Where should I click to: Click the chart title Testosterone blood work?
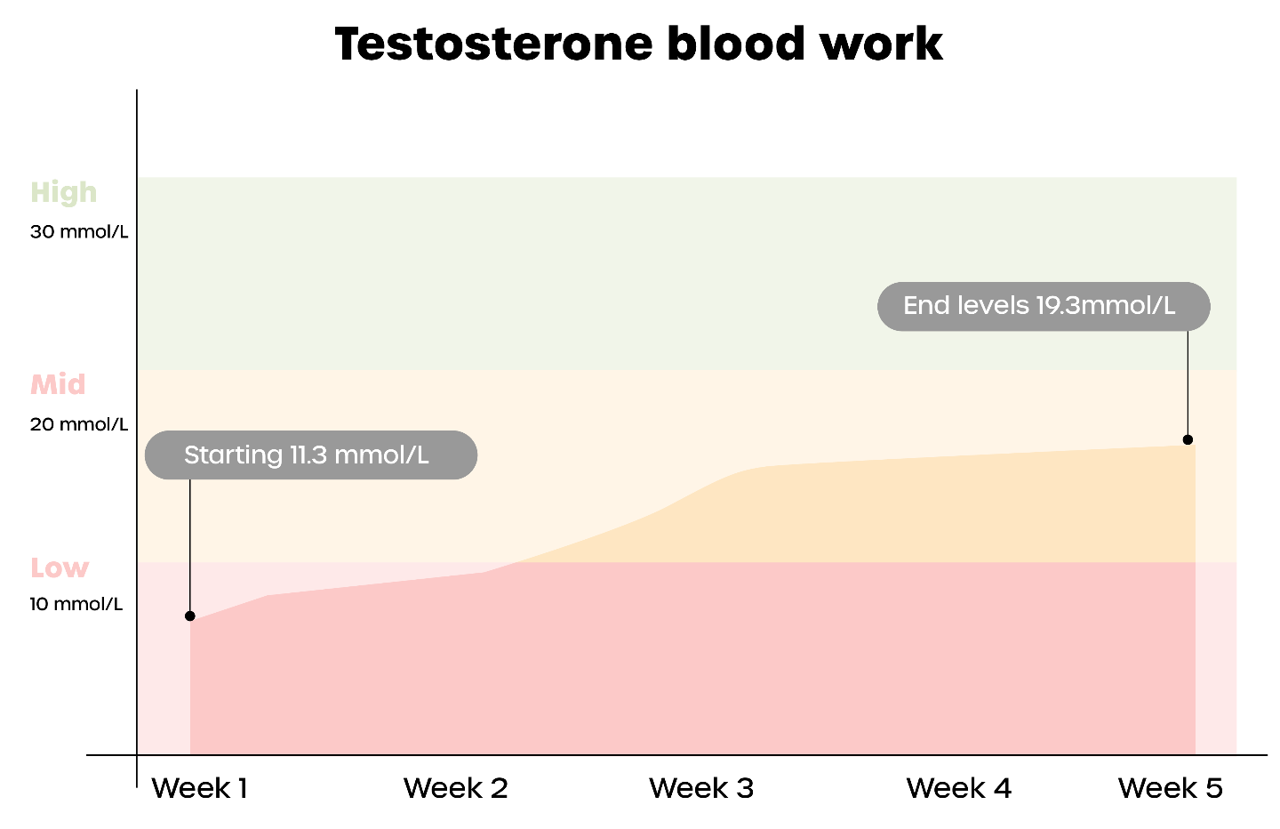pyautogui.click(x=639, y=44)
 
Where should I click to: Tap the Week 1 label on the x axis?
pyautogui.click(x=199, y=788)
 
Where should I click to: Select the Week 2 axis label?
pyautogui.click(x=455, y=788)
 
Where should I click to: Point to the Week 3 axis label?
pyautogui.click(x=701, y=788)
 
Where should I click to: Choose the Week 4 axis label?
pyautogui.click(x=958, y=788)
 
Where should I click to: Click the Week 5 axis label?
pyautogui.click(x=1170, y=788)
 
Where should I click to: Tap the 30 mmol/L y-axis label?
pyautogui.click(x=79, y=231)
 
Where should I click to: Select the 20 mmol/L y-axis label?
pyautogui.click(x=79, y=424)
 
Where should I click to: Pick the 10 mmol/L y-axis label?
pyautogui.click(x=76, y=604)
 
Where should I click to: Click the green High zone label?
pyautogui.click(x=63, y=193)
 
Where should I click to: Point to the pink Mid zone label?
pyautogui.click(x=58, y=384)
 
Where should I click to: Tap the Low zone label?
pyautogui.click(x=60, y=567)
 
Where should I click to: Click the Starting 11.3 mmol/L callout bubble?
pyautogui.click(x=311, y=455)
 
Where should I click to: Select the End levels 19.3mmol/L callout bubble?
pyautogui.click(x=1044, y=307)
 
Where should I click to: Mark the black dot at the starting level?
pyautogui.click(x=190, y=616)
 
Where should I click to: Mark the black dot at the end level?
pyautogui.click(x=1188, y=439)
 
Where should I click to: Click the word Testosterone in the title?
pyautogui.click(x=493, y=44)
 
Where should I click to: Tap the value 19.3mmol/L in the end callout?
pyautogui.click(x=1105, y=306)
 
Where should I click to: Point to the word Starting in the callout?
pyautogui.click(x=233, y=455)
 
